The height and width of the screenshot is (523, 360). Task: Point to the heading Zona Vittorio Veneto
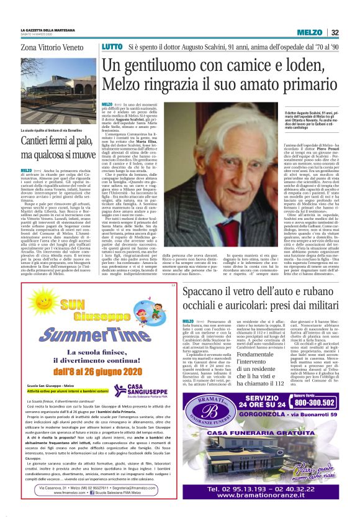pyautogui.click(x=51, y=47)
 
